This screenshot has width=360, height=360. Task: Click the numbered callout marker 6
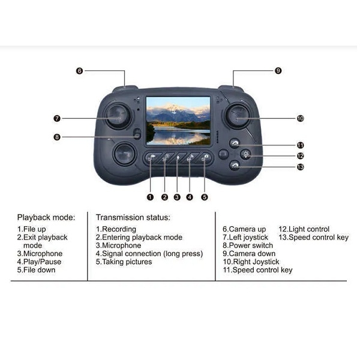coord(79,71)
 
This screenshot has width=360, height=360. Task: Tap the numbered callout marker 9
coord(278,71)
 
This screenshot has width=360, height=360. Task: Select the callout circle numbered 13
coord(301,167)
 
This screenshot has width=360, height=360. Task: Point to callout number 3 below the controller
coord(177,197)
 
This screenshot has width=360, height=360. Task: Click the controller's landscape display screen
coord(178,121)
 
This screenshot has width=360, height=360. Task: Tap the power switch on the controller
coord(137,134)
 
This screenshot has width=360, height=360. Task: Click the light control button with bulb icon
coord(246,155)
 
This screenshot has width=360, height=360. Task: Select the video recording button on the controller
coord(151,157)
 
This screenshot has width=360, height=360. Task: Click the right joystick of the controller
coord(238,116)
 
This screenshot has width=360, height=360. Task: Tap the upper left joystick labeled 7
coord(118,116)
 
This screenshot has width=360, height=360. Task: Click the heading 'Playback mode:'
coord(46,217)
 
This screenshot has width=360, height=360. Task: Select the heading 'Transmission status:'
coord(133,217)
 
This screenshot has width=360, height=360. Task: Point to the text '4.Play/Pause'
coord(39,262)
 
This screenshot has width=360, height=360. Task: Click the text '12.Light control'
coord(304,229)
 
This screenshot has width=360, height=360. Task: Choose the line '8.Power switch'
coord(248,245)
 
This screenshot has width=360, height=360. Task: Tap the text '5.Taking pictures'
coord(124,262)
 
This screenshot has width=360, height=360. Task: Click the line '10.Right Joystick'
coord(251,262)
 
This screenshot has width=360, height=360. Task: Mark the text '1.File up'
coord(31,229)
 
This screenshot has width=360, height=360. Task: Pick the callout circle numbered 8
coord(57,137)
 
